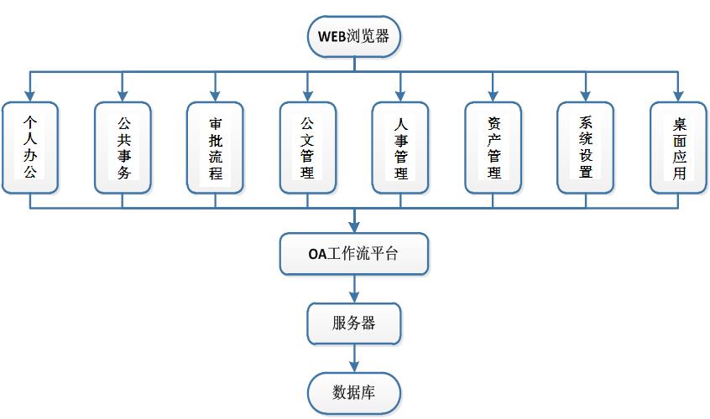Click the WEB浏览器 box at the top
click(353, 37)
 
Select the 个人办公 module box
click(29, 147)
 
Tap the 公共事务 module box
click(123, 147)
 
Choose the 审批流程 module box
click(216, 147)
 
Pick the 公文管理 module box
click(308, 147)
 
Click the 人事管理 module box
click(400, 147)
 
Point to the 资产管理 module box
click(493, 147)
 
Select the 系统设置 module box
click(586, 147)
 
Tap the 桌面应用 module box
click(678, 147)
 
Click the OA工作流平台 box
click(353, 255)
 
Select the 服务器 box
click(353, 323)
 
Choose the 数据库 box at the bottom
click(353, 391)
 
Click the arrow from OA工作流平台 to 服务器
click(353, 288)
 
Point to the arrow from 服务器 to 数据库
click(353, 357)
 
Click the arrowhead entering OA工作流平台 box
click(353, 228)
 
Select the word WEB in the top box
click(331, 37)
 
